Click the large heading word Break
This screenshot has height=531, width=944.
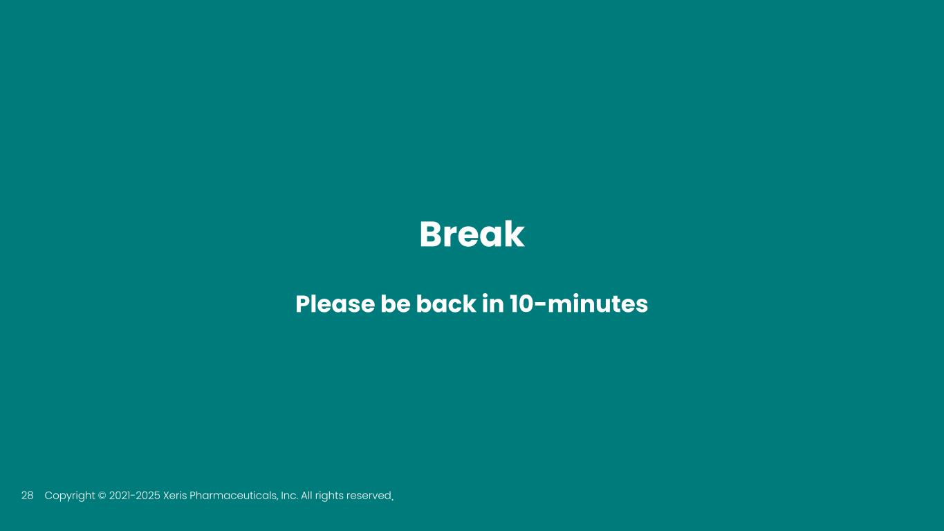472,234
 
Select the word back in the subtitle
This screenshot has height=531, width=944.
446,304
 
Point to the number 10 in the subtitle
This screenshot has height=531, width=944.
521,304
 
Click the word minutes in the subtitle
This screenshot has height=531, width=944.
598,304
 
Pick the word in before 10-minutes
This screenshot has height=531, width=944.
492,304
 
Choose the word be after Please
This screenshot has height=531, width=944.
395,304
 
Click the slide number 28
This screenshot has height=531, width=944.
28,495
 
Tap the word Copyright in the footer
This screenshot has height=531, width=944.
70,496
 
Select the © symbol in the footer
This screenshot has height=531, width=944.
102,496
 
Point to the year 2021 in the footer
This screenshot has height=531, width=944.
120,496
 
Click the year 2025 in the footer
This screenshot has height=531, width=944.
147,496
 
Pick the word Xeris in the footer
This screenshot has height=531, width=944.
174,496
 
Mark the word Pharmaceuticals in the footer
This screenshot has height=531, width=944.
234,496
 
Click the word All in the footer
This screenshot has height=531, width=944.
307,496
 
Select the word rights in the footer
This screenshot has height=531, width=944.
331,496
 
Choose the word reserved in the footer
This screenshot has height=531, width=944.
369,496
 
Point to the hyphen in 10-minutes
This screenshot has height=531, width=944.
539,305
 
